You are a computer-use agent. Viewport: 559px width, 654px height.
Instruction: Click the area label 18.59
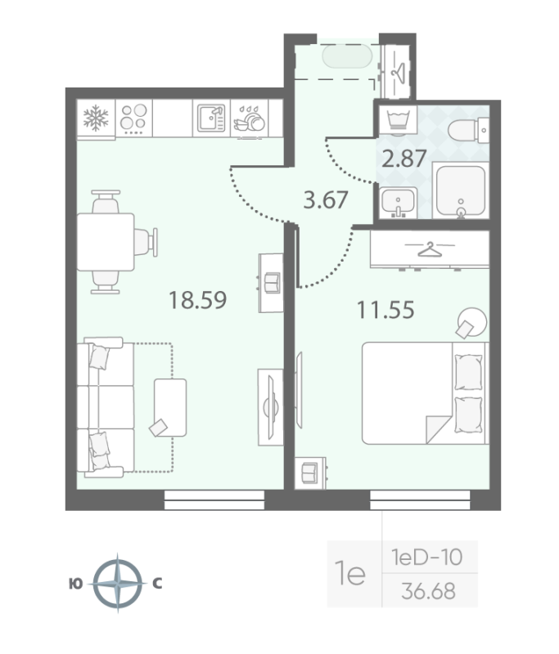tap(196, 300)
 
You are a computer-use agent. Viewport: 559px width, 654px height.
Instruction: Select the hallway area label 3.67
tap(326, 199)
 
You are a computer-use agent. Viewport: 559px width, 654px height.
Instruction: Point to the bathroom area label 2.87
tap(404, 157)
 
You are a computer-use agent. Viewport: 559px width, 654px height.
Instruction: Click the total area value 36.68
tap(430, 589)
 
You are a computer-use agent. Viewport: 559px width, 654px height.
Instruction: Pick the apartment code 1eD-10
tap(426, 558)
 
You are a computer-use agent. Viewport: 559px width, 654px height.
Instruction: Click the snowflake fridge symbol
tap(97, 119)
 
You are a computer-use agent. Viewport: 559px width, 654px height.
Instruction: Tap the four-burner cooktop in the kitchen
tap(133, 119)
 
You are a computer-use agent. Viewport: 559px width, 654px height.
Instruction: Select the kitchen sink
tap(210, 119)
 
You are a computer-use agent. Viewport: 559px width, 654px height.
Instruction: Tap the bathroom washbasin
tap(398, 202)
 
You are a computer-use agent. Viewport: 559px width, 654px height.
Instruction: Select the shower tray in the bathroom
tap(461, 191)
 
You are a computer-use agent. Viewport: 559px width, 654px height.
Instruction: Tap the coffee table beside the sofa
tap(170, 406)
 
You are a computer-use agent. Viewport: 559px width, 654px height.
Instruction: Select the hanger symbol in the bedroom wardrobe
tap(427, 249)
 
